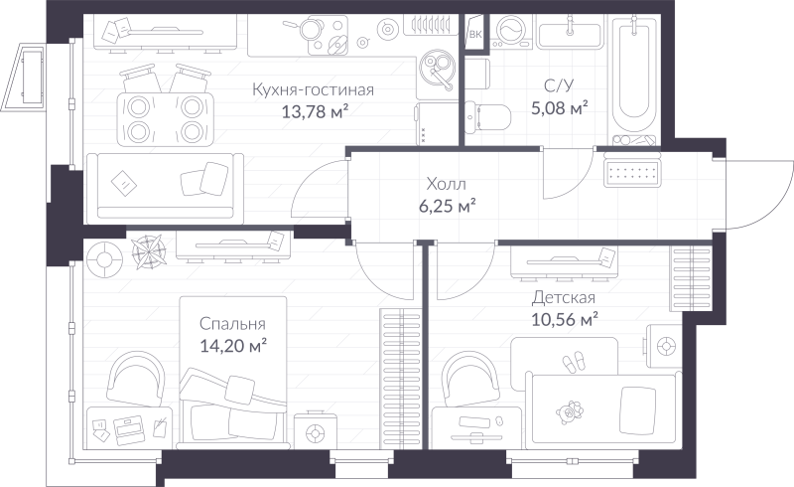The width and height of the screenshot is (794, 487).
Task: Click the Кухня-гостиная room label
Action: (x=313, y=89)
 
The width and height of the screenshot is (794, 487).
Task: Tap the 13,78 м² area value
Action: (x=315, y=111)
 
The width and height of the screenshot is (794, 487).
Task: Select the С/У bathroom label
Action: (x=559, y=85)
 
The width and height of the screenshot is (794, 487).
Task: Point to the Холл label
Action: (x=446, y=183)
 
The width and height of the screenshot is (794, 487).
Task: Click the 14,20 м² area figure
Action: (x=233, y=346)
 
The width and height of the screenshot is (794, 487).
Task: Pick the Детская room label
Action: (x=563, y=297)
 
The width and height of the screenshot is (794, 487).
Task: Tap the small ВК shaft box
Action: (x=475, y=34)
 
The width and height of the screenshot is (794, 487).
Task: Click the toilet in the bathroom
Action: (x=487, y=117)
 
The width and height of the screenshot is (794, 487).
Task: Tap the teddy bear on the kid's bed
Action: (x=569, y=411)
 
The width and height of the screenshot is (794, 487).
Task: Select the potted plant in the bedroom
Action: (x=147, y=250)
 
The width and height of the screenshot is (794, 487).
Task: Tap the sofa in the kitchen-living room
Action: (x=165, y=188)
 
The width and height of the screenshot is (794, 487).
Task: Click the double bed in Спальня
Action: (x=233, y=373)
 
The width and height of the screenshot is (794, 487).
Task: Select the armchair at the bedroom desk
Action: (x=135, y=379)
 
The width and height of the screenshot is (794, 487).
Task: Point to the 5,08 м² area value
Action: (x=559, y=107)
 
